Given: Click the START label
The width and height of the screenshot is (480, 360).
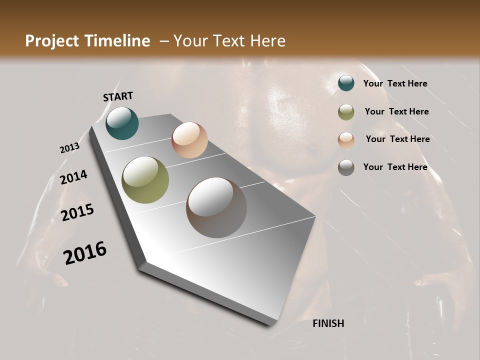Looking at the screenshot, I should (x=118, y=96).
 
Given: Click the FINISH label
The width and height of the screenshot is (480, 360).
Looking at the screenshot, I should (x=328, y=323).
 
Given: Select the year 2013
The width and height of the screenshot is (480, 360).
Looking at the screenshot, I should (x=69, y=148).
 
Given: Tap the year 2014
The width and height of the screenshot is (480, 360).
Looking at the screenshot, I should (x=73, y=177).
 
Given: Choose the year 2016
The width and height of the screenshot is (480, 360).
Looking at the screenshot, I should (x=85, y=253).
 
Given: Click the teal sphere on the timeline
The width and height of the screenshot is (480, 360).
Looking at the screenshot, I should (x=122, y=123).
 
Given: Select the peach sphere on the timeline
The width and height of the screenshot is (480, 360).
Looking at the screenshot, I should (x=189, y=139).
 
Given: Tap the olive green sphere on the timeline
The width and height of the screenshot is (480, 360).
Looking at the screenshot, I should (x=145, y=180).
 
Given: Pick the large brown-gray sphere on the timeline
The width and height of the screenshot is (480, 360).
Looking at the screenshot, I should (x=216, y=207).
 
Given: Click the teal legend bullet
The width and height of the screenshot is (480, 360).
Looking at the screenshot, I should (x=346, y=83).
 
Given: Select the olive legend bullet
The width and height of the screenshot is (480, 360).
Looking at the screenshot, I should (x=346, y=112).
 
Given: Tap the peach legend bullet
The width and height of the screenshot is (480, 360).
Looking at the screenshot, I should (x=346, y=140).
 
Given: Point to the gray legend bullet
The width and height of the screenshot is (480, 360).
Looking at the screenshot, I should (x=346, y=167).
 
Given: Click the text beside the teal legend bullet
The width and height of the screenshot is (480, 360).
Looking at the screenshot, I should (x=395, y=83).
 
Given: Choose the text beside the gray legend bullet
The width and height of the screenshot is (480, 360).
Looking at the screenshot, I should (x=395, y=167).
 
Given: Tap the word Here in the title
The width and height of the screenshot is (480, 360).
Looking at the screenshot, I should (x=267, y=41).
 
